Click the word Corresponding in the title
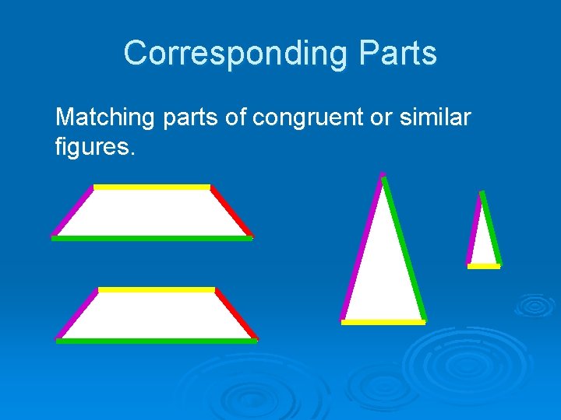[x=226, y=54]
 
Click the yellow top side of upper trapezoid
[x=152, y=187]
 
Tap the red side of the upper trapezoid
[x=231, y=211]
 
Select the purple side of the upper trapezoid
[x=73, y=211]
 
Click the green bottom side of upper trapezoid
[x=152, y=239]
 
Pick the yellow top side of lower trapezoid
[x=157, y=290]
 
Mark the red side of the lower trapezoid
[x=236, y=313]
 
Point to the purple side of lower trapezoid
[x=77, y=314]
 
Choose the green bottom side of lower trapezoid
[x=157, y=341]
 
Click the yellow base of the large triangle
[x=383, y=322]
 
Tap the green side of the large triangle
[x=404, y=249]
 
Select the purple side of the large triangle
[x=362, y=249]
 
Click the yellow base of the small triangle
[x=484, y=266]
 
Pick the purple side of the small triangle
[x=474, y=229]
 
